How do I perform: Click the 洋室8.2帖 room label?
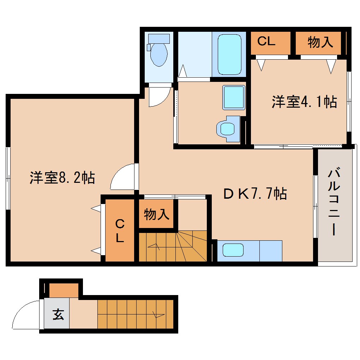[x=62, y=178]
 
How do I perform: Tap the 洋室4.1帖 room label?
[x=304, y=102]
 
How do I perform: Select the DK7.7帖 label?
[x=254, y=193]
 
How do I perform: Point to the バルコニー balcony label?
[x=334, y=203]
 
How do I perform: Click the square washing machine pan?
[x=233, y=97]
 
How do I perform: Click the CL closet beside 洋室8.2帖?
[x=120, y=230]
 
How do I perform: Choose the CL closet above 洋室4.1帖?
[x=266, y=42]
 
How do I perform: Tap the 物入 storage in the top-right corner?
[x=320, y=42]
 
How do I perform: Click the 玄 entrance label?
[x=58, y=314]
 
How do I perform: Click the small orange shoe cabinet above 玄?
[x=64, y=290]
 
